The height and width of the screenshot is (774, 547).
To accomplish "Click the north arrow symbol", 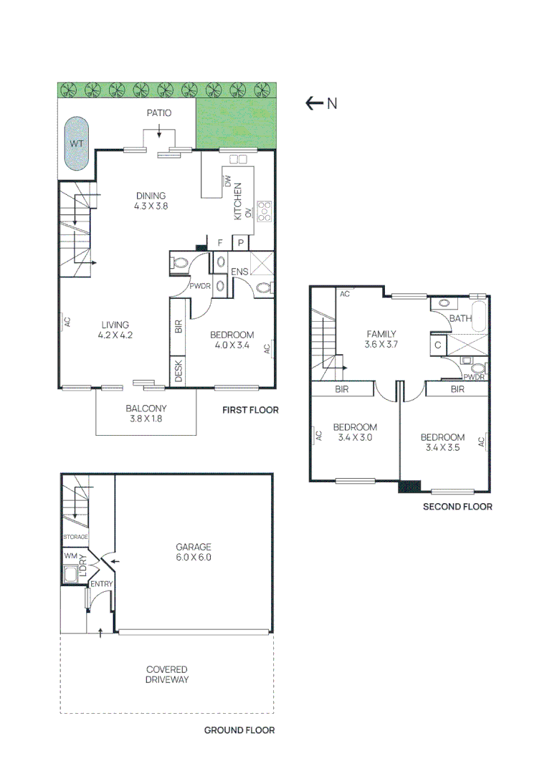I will (314, 103).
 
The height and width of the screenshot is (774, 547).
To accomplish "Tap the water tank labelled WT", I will (76, 143).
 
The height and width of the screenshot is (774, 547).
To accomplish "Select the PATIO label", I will (158, 113).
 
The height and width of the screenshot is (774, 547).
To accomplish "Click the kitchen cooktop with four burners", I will (264, 210).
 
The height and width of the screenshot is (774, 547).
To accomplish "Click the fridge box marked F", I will (220, 243).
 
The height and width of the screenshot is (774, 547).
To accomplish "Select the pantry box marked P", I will (242, 243).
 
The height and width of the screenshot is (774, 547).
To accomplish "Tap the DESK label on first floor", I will (178, 371).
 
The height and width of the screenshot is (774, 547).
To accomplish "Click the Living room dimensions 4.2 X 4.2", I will (115, 335).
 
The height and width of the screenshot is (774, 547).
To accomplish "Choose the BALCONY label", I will (146, 408).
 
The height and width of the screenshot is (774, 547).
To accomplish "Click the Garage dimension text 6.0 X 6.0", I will (194, 557).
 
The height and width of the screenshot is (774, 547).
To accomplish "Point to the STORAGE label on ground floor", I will (75, 537).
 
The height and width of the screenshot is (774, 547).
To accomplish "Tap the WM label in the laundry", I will (70, 555).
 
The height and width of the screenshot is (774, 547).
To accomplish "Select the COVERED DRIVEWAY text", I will (167, 674).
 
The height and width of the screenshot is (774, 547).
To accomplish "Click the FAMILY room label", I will (381, 334).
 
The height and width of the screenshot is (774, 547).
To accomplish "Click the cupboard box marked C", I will (437, 345).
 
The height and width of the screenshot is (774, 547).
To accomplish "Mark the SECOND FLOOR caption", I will (457, 507).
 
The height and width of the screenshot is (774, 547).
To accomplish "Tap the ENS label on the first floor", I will (239, 272).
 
